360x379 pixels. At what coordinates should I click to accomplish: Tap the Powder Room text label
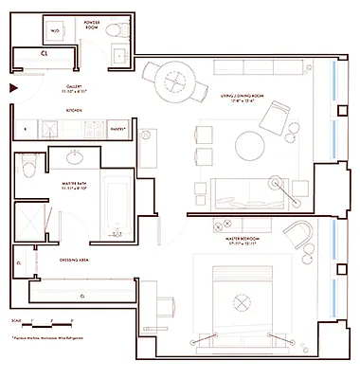point(93,23)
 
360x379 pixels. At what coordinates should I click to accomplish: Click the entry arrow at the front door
point(12,89)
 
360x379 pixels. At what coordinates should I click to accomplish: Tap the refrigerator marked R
point(25,127)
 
